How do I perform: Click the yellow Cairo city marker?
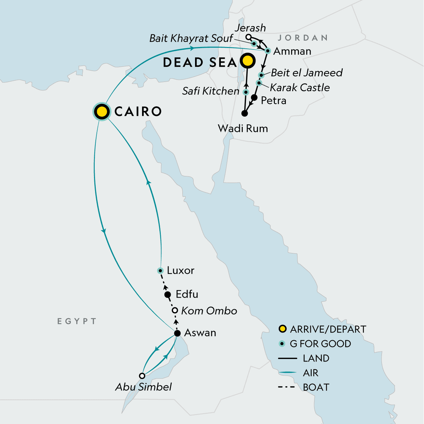(101, 112)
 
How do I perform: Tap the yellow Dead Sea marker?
(248, 61)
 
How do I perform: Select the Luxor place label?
(181, 271)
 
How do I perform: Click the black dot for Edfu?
(168, 295)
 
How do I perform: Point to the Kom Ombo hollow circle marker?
(175, 311)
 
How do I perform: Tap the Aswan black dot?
(178, 333)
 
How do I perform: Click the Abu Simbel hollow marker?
(142, 376)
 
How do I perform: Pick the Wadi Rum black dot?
(244, 113)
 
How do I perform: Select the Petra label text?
(273, 101)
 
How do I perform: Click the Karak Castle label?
(300, 88)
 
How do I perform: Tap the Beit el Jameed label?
(307, 73)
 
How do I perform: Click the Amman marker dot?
(268, 51)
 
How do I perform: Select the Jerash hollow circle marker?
(249, 37)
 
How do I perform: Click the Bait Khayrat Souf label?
(191, 38)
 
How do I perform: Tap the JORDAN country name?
(303, 38)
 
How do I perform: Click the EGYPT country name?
(77, 321)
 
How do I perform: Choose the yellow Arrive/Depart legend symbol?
(282, 329)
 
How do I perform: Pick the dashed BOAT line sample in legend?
(287, 387)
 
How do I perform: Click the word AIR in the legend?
(311, 373)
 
